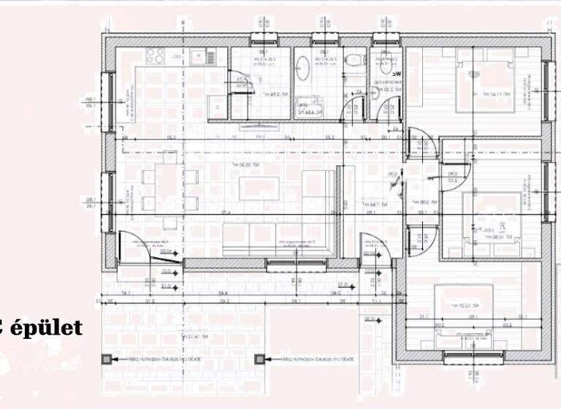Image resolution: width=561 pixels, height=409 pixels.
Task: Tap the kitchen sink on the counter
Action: tap(198, 56)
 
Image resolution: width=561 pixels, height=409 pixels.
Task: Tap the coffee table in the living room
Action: tap(259, 188)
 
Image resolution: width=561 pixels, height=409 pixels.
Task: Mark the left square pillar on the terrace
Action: tap(107, 359)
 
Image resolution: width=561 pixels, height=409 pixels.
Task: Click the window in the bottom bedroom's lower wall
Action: tap(473, 357)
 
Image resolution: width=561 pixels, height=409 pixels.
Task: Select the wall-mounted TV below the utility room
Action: tap(261, 125)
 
